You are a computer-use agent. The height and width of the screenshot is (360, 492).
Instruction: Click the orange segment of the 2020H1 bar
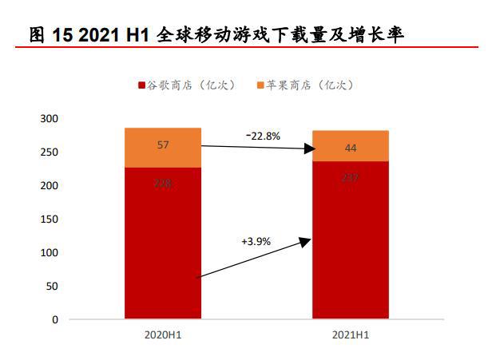tap(162, 148)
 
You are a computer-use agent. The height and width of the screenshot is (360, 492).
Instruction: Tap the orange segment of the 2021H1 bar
tap(350, 146)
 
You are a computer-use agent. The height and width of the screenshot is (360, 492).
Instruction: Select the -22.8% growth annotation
tap(264, 136)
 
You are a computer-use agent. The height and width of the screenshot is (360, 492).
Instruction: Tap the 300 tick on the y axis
tap(50, 119)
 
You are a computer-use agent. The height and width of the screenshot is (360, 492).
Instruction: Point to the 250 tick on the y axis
tap(50, 152)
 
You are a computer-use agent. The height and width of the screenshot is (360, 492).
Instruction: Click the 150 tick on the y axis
tap(50, 220)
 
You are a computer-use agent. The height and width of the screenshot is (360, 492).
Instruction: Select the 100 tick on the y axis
tap(50, 253)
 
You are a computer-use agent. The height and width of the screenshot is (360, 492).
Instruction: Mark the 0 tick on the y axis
tap(55, 320)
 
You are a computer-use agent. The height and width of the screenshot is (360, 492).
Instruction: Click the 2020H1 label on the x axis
tap(162, 336)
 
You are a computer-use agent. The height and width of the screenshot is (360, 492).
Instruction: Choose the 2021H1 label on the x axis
tap(350, 336)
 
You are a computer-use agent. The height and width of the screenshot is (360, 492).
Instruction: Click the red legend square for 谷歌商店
tap(142, 85)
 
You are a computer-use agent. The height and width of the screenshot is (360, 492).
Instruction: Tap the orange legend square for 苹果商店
tap(261, 85)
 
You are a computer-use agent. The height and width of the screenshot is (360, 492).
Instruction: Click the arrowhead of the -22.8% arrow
tap(305, 148)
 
